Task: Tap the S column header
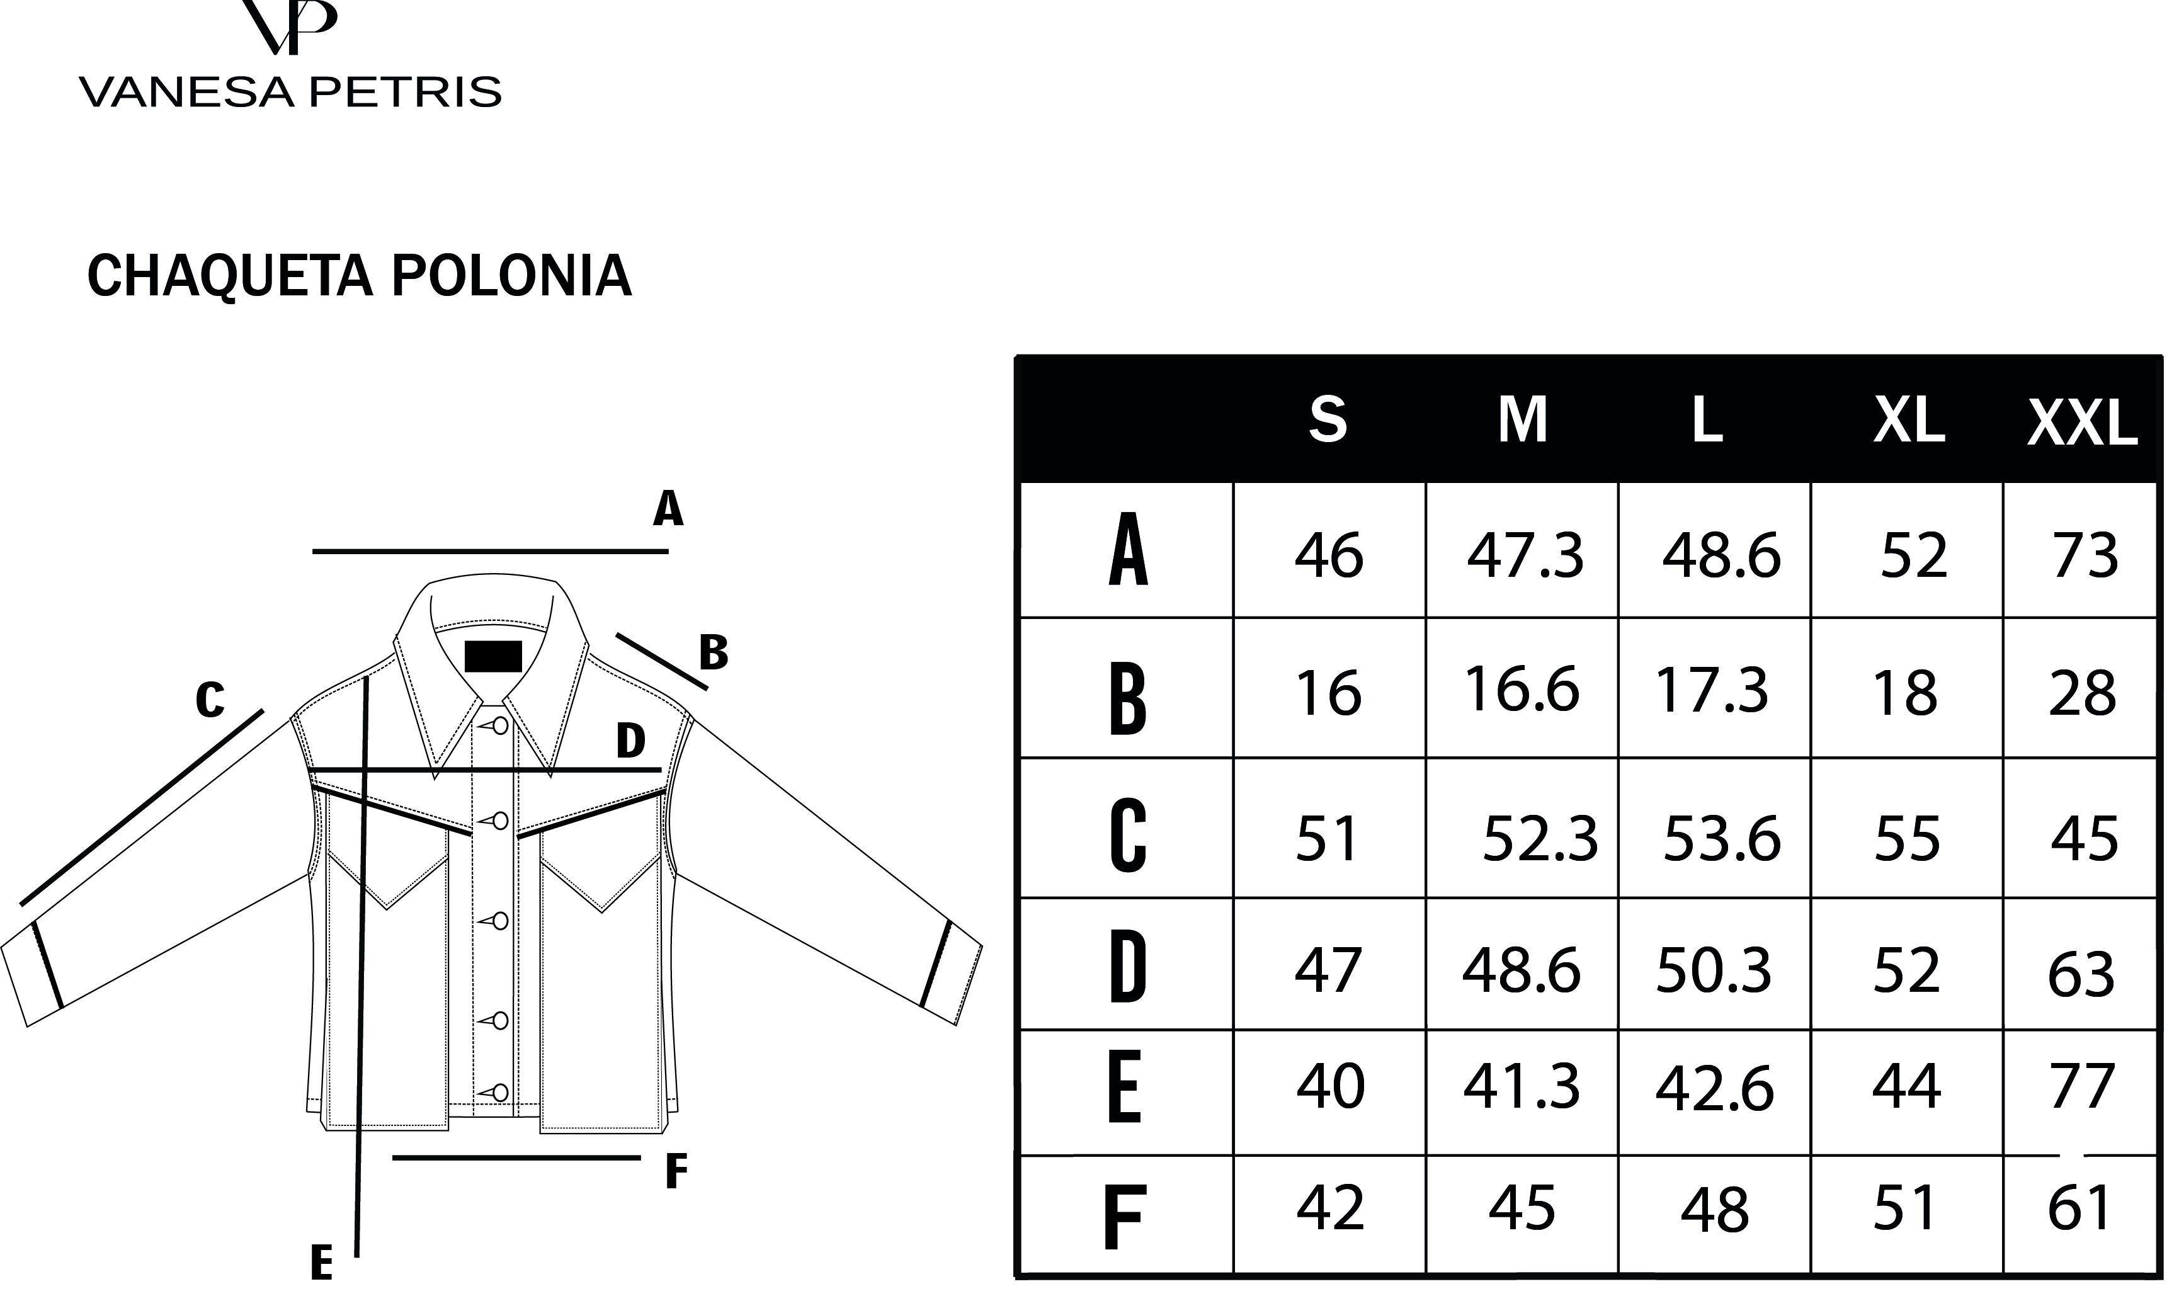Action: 1328,419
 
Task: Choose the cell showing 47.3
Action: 1525,556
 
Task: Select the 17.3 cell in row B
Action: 1712,690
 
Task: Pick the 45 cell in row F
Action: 1522,1208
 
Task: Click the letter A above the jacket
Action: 668,508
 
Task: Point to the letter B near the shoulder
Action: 714,652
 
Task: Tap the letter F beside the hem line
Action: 676,1172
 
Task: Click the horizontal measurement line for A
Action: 490,552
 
